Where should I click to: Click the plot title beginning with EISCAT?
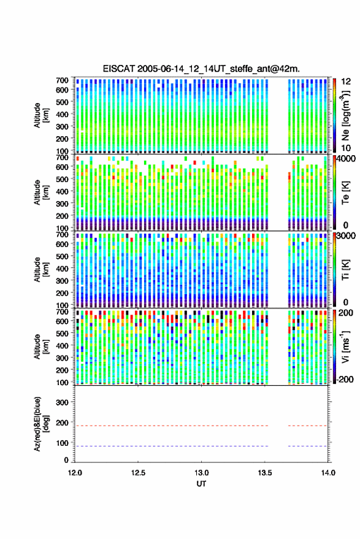[x=201, y=69]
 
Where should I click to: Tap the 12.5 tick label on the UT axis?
[x=138, y=473]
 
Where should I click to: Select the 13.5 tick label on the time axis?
[x=265, y=473]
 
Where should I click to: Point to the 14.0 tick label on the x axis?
[x=328, y=473]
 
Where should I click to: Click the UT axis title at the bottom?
[x=201, y=484]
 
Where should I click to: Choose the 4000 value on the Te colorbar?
[x=345, y=159]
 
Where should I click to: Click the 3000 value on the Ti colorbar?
[x=345, y=236]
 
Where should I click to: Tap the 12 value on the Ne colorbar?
[x=345, y=82]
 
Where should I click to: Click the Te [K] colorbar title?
[x=345, y=193]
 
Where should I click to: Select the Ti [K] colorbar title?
[x=345, y=270]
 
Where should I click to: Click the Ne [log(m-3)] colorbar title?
[x=345, y=115]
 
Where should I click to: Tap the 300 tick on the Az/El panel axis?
[x=62, y=402]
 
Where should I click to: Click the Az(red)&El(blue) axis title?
[x=40, y=424]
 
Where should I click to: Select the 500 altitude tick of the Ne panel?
[x=62, y=102]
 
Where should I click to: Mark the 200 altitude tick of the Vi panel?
[x=62, y=370]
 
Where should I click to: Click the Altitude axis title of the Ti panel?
[x=40, y=270]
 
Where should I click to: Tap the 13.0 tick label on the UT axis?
[x=202, y=473]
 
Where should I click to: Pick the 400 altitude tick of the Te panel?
[x=62, y=191]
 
